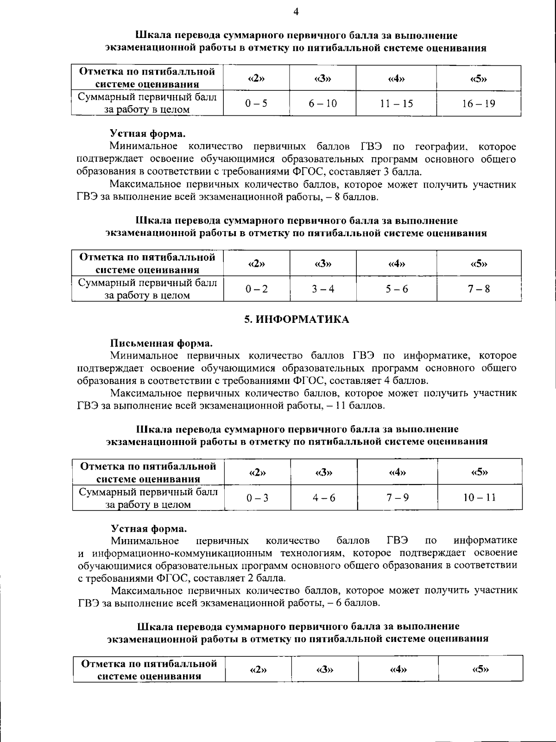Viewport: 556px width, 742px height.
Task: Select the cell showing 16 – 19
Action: (478, 103)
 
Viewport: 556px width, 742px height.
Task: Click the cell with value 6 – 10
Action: (323, 103)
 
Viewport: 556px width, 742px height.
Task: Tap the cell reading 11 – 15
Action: (396, 103)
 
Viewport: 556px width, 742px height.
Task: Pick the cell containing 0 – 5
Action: (256, 103)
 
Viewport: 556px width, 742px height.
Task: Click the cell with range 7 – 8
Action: (479, 289)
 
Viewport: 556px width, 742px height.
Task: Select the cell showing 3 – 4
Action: (323, 289)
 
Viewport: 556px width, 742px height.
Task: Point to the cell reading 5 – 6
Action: (397, 289)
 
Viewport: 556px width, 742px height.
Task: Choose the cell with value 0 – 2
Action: (257, 289)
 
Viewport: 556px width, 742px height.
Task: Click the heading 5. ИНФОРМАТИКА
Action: (297, 320)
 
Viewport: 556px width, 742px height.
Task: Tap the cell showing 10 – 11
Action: (480, 497)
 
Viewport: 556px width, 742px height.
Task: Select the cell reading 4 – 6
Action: (324, 498)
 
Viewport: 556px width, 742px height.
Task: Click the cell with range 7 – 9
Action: (398, 497)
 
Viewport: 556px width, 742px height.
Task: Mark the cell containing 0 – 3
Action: (258, 498)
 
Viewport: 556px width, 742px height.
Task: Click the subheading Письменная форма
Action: (161, 343)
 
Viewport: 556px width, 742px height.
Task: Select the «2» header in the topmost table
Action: (256, 78)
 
